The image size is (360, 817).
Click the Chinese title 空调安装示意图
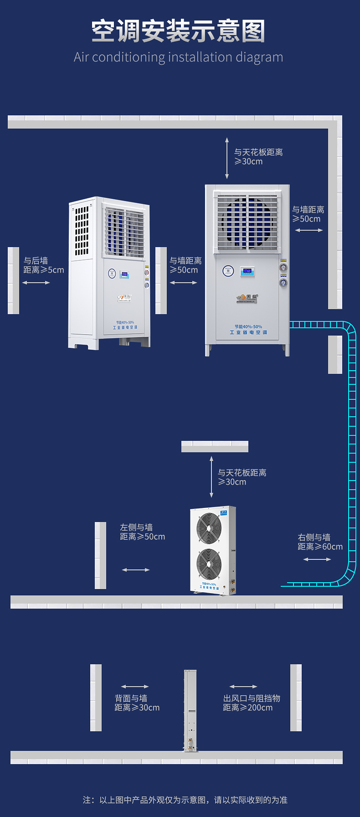[x=178, y=31]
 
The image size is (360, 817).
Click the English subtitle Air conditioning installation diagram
[x=178, y=57]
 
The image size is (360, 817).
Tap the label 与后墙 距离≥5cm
[x=44, y=265]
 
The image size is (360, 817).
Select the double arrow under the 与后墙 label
[x=36, y=283]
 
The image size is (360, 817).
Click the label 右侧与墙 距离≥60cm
[x=320, y=542]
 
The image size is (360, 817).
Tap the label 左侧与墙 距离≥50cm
[x=142, y=532]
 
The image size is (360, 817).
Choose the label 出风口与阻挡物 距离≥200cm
[x=252, y=703]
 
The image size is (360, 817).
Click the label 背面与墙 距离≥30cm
[x=137, y=703]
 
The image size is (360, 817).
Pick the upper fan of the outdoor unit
[x=209, y=528]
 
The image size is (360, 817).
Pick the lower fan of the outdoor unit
[x=209, y=564]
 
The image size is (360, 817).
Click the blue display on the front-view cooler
[x=247, y=271]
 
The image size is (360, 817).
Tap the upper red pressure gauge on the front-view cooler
[x=283, y=268]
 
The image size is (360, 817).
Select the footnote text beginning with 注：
[x=185, y=800]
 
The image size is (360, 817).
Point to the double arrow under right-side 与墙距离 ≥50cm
[x=309, y=230]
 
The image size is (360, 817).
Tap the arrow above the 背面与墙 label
[x=135, y=687]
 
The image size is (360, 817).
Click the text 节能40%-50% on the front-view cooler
[x=248, y=326]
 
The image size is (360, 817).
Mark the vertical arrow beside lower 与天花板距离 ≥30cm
[x=211, y=477]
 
